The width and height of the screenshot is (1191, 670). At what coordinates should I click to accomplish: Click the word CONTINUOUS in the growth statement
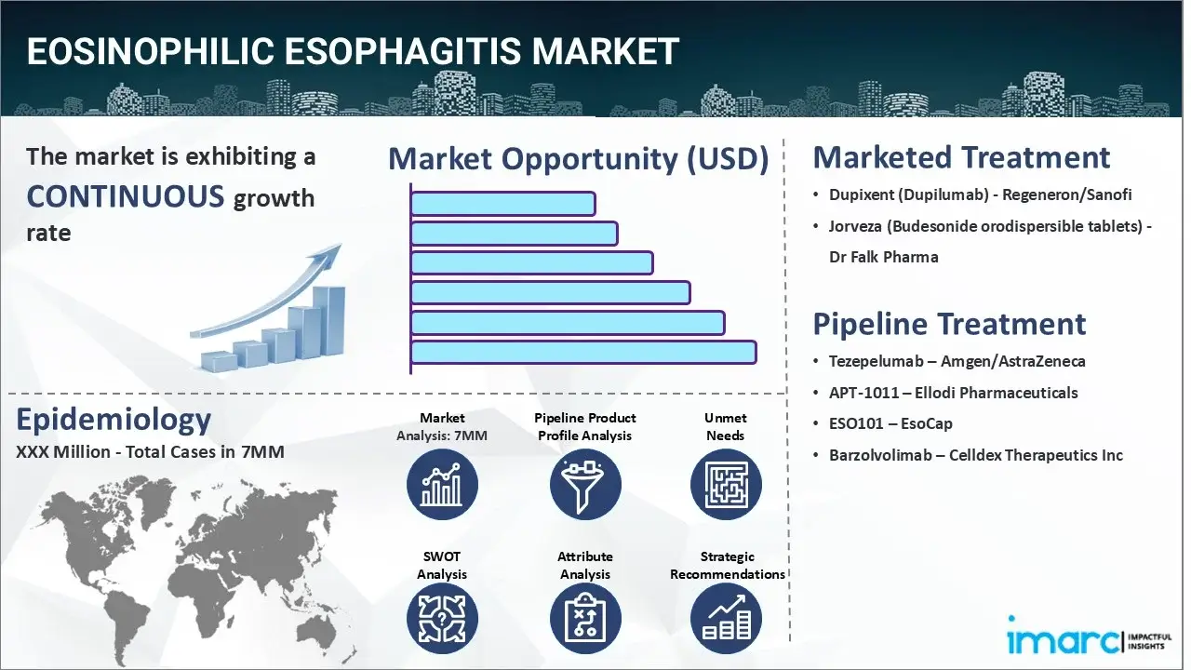tap(126, 196)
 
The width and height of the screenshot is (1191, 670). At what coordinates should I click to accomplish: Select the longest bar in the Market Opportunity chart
tap(583, 352)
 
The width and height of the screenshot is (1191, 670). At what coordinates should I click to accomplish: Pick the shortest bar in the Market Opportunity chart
tap(502, 203)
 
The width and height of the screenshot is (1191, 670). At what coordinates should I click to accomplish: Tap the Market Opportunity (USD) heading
tap(578, 159)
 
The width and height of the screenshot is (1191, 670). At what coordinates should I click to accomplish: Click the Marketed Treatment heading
tap(961, 157)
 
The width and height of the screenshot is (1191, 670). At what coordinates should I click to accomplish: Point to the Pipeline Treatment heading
tap(949, 324)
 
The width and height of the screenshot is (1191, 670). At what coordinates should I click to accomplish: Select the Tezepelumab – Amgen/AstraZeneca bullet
tap(957, 361)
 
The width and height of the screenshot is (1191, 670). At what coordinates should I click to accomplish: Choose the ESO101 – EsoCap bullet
tap(890, 423)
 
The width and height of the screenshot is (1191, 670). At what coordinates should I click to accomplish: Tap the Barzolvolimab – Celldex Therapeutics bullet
tap(975, 455)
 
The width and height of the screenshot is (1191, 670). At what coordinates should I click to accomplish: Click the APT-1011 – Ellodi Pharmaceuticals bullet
tap(953, 393)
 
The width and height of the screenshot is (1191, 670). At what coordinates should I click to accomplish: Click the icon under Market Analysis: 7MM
tap(442, 485)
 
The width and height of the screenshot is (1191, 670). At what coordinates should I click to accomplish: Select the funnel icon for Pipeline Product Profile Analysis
tap(585, 485)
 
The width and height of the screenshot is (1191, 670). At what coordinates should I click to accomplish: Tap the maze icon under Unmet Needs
tap(726, 485)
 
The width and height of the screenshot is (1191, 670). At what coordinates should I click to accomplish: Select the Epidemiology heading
tap(114, 420)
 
